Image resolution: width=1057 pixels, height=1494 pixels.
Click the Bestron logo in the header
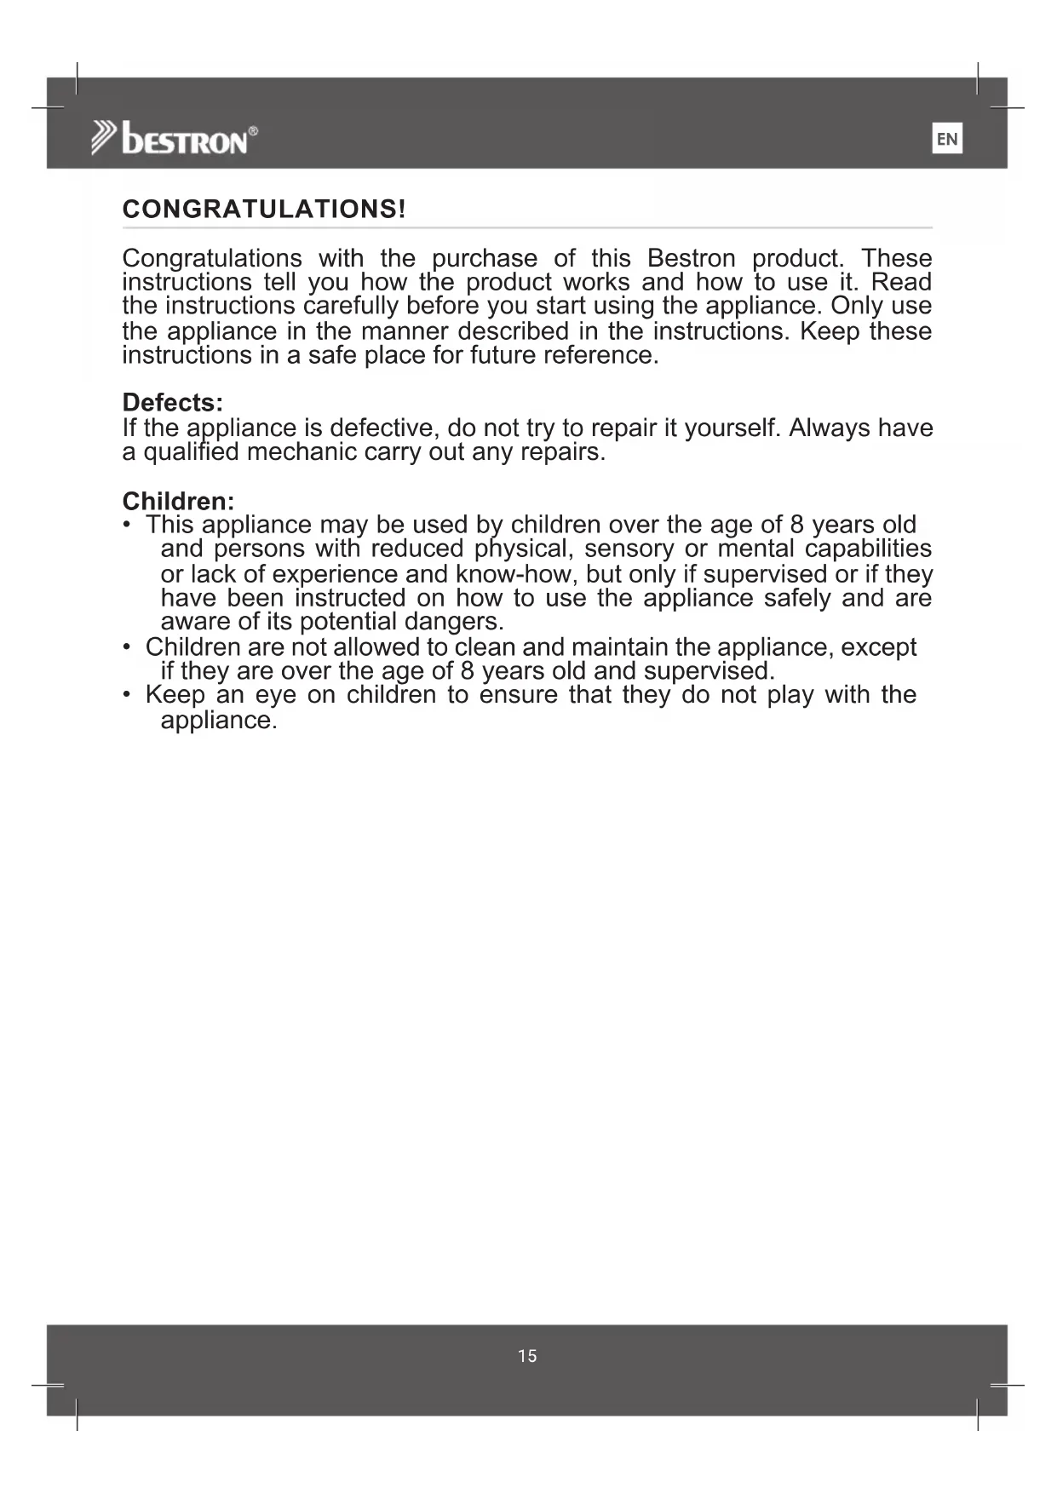pyautogui.click(x=175, y=138)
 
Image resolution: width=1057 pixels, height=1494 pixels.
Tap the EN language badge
pyautogui.click(x=947, y=139)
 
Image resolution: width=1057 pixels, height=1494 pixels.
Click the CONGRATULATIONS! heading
pyautogui.click(x=264, y=210)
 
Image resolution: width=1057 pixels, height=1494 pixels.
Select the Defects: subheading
pyautogui.click(x=173, y=402)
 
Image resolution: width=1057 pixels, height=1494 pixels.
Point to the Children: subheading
pyautogui.click(x=178, y=501)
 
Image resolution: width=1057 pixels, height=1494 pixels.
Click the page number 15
pyautogui.click(x=527, y=1356)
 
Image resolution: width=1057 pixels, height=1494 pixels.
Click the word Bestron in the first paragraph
pyautogui.click(x=691, y=258)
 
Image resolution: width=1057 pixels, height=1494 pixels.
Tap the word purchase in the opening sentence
pyautogui.click(x=485, y=258)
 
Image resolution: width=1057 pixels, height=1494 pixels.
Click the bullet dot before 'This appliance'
pyautogui.click(x=127, y=525)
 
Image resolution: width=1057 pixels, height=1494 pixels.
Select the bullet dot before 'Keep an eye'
pyautogui.click(x=127, y=695)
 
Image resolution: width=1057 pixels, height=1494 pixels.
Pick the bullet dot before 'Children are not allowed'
pyautogui.click(x=127, y=647)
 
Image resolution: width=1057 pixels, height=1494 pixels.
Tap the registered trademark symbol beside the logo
pyautogui.click(x=253, y=130)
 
